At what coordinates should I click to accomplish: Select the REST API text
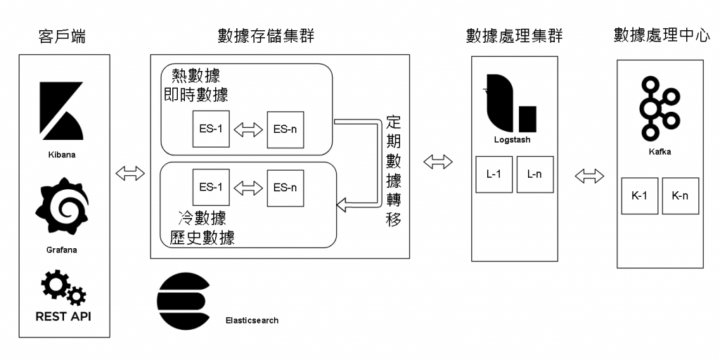point(63,316)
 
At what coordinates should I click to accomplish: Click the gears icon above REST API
point(63,285)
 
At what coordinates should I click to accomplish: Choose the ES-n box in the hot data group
point(285,129)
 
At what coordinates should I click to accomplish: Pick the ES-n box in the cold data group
point(285,187)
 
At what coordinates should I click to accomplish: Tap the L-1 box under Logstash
point(494,174)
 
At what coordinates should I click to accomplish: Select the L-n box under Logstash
point(534,174)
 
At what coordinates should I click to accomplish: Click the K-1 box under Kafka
point(639,195)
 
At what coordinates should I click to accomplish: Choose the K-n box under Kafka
point(680,195)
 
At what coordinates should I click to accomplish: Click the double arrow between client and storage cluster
point(130,174)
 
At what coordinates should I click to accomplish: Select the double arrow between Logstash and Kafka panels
point(590,176)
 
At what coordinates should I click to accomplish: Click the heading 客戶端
point(63,36)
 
